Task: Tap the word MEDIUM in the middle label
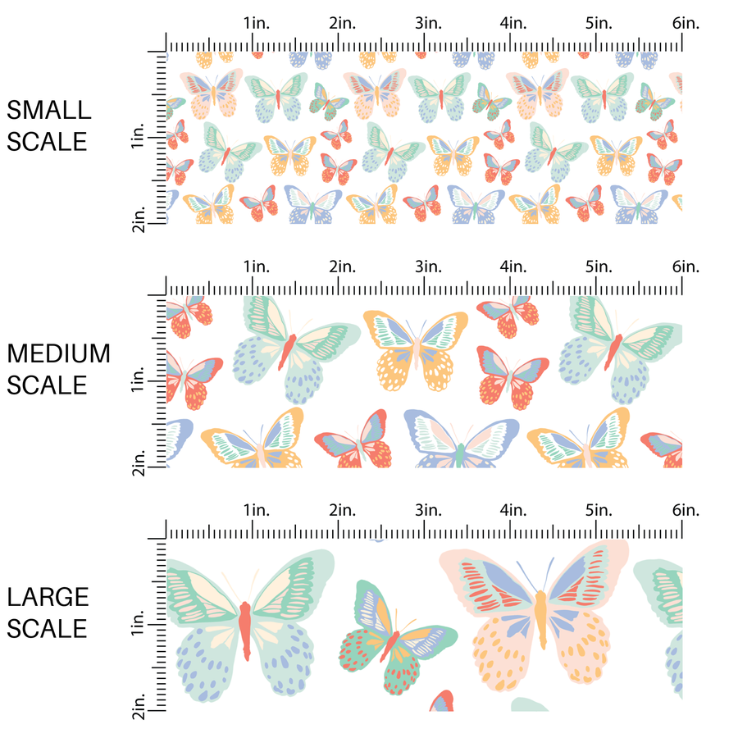[58, 353]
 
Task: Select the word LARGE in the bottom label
[48, 597]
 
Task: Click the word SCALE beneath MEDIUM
[48, 385]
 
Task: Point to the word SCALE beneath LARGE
[48, 628]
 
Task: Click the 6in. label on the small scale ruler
[686, 23]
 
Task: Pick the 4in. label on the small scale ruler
[513, 23]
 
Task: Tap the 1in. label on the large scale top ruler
[256, 510]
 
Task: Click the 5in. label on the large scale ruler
[599, 510]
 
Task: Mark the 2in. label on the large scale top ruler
[342, 510]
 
